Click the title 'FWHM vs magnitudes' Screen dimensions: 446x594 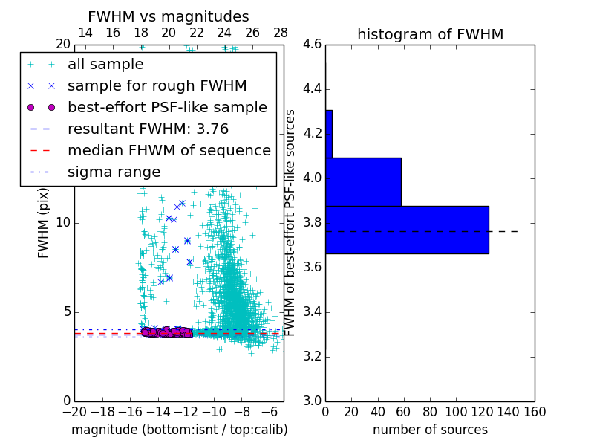(169, 17)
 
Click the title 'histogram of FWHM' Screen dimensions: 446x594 (430, 34)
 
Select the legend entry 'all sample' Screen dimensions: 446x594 (105, 65)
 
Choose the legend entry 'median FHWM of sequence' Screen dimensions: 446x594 (169, 150)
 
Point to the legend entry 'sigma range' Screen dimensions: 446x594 (114, 172)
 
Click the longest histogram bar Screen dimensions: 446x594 (407, 230)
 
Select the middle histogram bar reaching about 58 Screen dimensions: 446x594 (363, 182)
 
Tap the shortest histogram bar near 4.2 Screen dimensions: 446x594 (328, 134)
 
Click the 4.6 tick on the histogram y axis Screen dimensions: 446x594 (312, 45)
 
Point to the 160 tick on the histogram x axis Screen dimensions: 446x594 (534, 411)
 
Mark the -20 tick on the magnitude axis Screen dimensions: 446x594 (74, 411)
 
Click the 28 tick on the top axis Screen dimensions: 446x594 (281, 33)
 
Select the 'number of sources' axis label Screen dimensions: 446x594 (430, 430)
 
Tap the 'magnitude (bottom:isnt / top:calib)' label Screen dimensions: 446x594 (179, 430)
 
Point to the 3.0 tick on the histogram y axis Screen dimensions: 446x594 (312, 401)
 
